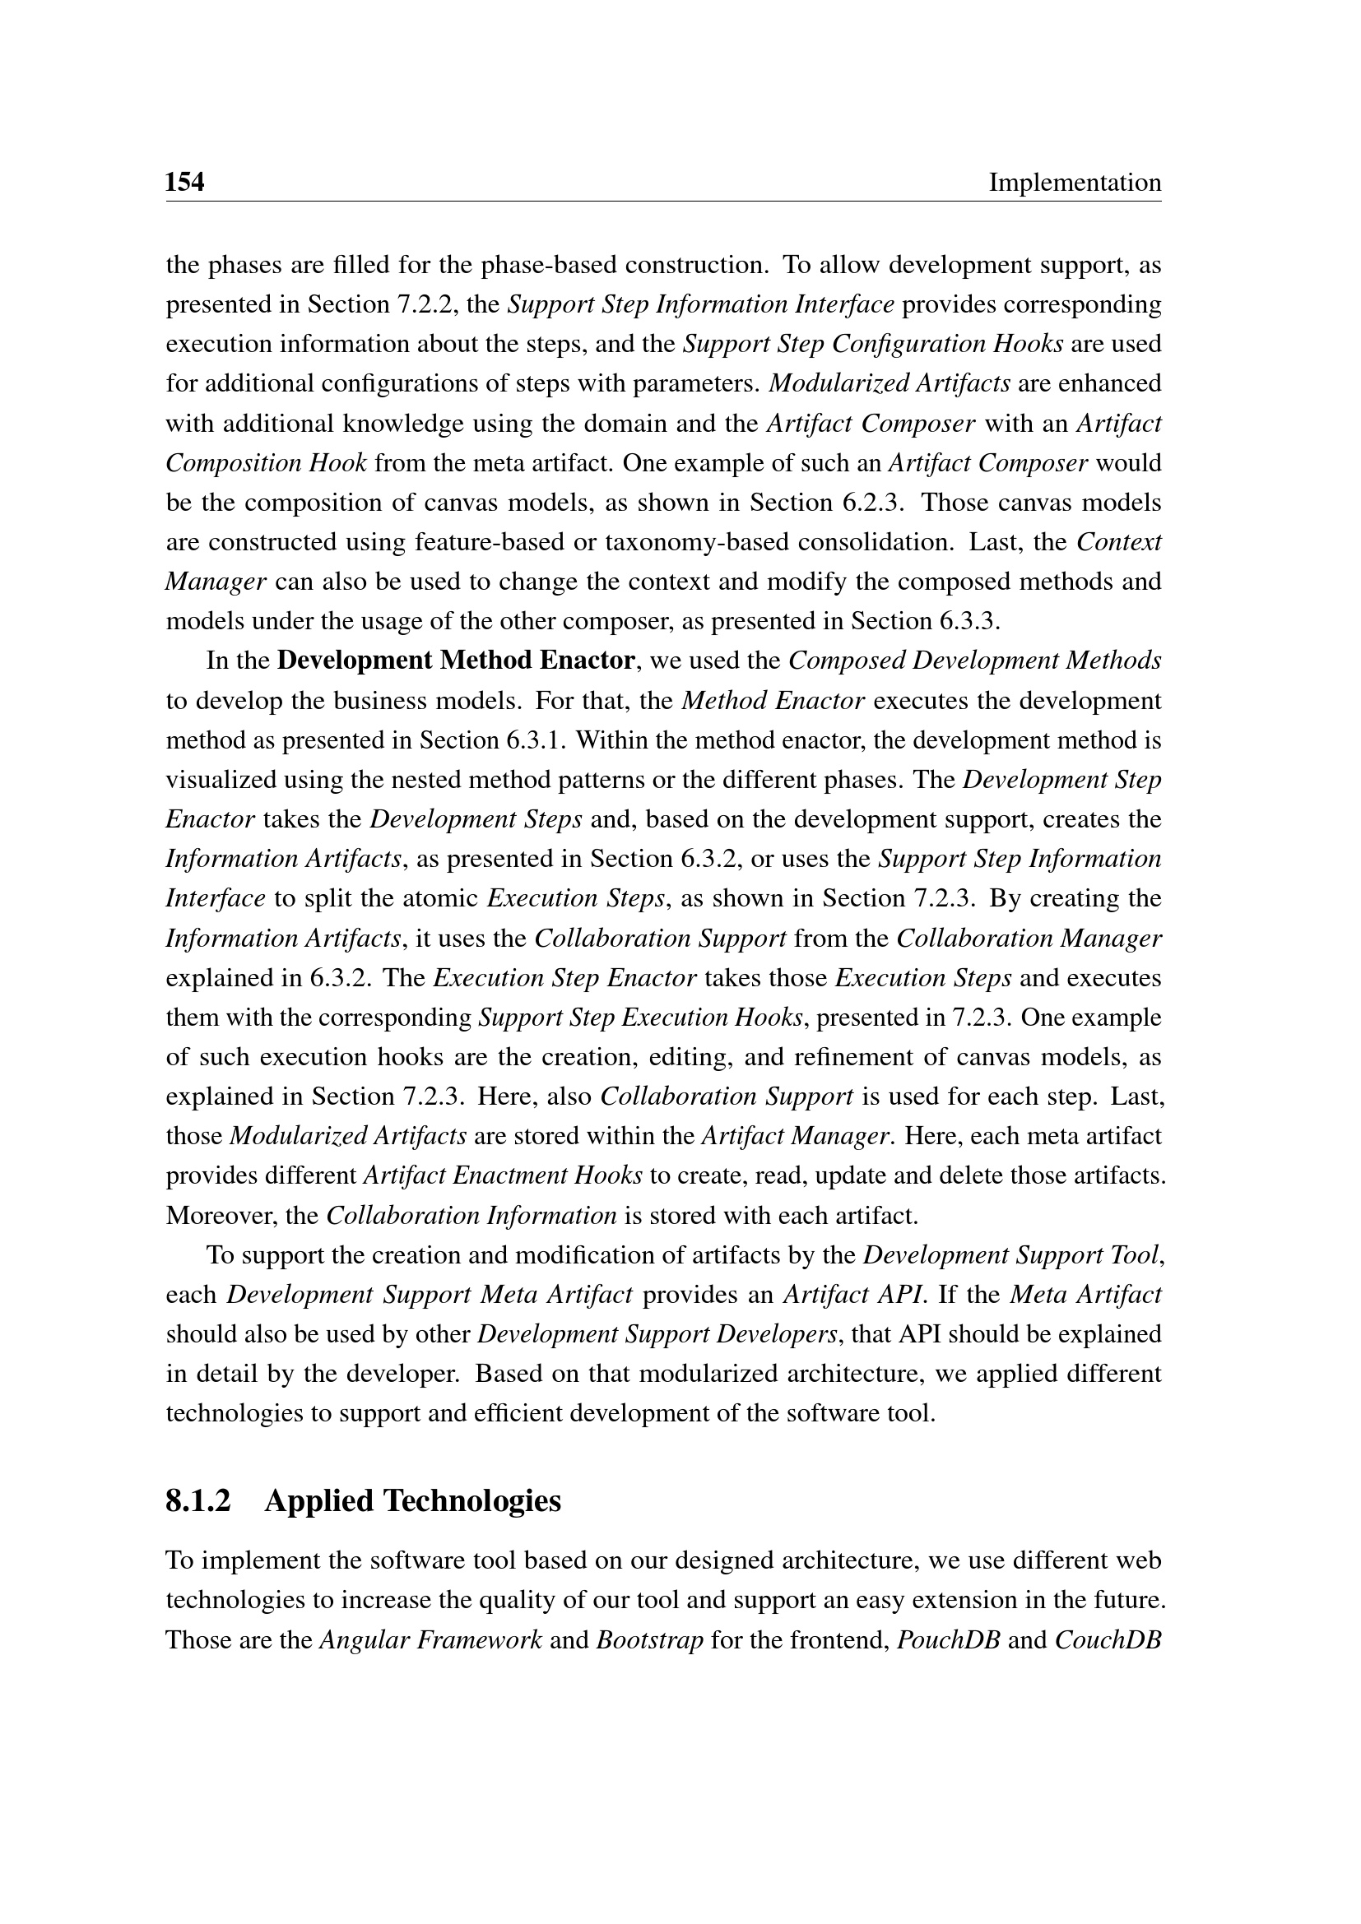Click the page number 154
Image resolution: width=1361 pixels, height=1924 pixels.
coord(184,182)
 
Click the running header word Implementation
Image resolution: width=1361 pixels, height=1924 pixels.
coord(1075,182)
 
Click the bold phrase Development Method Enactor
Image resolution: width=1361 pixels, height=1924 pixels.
coord(456,661)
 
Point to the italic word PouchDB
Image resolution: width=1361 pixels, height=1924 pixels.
coord(948,1639)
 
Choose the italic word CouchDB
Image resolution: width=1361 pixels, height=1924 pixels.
coord(1108,1639)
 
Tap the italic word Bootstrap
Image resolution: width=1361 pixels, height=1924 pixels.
coord(649,1639)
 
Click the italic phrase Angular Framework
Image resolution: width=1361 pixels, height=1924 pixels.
coord(430,1639)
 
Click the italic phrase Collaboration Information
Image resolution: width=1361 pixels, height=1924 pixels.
coord(471,1215)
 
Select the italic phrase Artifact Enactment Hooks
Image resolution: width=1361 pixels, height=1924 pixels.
coord(503,1175)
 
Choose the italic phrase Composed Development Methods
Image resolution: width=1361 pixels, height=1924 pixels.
coord(974,661)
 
